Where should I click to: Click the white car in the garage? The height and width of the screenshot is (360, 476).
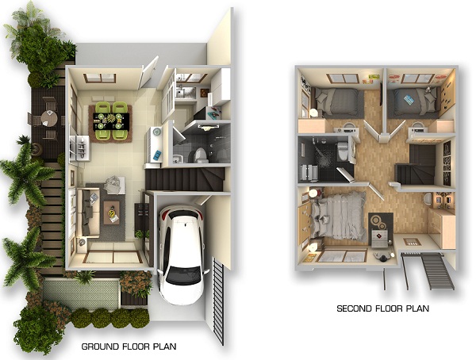click(181, 255)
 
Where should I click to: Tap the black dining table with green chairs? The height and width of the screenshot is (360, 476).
click(111, 121)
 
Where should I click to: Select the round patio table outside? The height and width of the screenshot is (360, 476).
click(49, 118)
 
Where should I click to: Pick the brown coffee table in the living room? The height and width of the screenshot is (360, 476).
click(112, 213)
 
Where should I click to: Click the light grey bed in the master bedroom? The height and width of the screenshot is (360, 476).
click(339, 216)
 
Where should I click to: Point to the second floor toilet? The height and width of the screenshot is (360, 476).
click(343, 150)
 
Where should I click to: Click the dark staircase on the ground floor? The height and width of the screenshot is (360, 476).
click(185, 180)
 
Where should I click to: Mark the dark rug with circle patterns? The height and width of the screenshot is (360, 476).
click(381, 228)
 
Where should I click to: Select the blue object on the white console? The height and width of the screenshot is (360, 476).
click(157, 155)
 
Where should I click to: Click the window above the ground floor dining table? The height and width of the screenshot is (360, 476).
click(100, 78)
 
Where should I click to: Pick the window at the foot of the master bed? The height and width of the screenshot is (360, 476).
click(342, 256)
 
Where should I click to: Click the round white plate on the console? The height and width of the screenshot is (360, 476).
click(157, 131)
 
